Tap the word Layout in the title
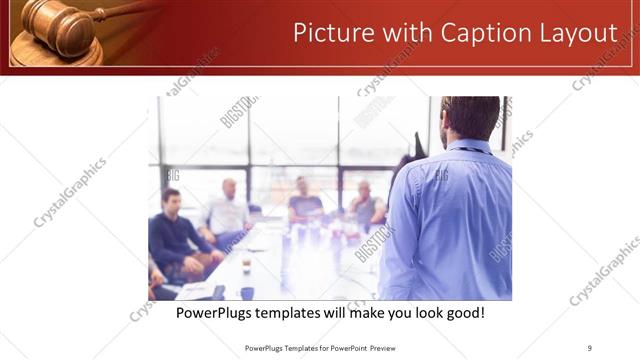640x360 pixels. click(579, 33)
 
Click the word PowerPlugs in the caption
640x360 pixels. click(215, 313)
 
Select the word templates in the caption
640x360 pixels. click(297, 313)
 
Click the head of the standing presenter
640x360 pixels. click(469, 118)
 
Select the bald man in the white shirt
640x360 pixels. click(229, 210)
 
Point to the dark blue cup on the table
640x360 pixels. click(247, 293)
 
